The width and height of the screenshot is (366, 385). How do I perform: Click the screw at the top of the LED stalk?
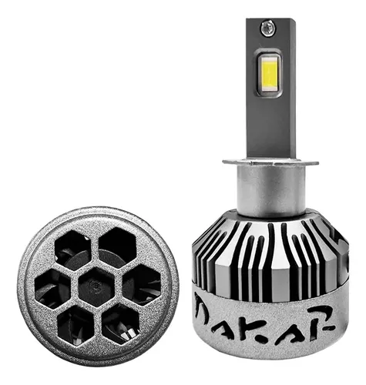(267, 28)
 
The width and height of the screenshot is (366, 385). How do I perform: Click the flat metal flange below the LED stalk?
(270, 162)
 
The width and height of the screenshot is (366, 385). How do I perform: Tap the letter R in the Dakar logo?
(322, 318)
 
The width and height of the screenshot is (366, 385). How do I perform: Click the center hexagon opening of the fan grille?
(96, 286)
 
